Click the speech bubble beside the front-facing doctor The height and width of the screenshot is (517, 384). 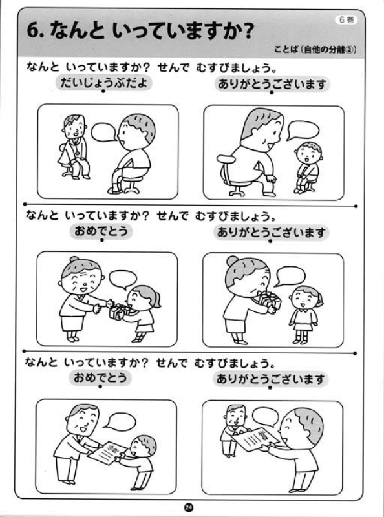point(103,132)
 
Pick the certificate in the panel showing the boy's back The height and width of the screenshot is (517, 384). point(256,436)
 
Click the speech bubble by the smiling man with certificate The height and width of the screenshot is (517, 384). point(118,421)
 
